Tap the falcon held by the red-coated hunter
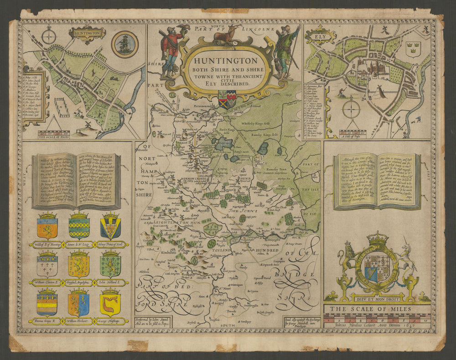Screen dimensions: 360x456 click(185, 27)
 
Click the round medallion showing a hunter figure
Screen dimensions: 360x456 click(124, 44)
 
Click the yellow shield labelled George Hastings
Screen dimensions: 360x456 click(110, 303)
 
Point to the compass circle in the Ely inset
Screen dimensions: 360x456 click(351, 110)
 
